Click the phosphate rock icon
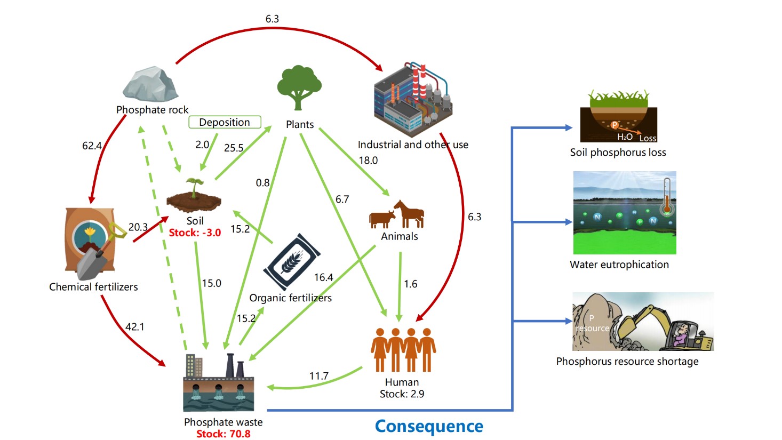pyautogui.click(x=151, y=84)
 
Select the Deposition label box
pyautogui.click(x=225, y=122)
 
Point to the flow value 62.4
pyautogui.click(x=92, y=146)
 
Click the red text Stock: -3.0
pyautogui.click(x=195, y=233)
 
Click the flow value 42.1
pyautogui.click(x=135, y=326)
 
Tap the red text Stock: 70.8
pyautogui.click(x=223, y=434)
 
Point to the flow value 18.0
pyautogui.click(x=368, y=160)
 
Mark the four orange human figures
pyautogui.click(x=403, y=349)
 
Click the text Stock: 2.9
pyautogui.click(x=402, y=394)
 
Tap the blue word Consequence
pyautogui.click(x=429, y=426)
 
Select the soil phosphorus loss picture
pyautogui.click(x=618, y=117)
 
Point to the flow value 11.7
pyautogui.click(x=318, y=376)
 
